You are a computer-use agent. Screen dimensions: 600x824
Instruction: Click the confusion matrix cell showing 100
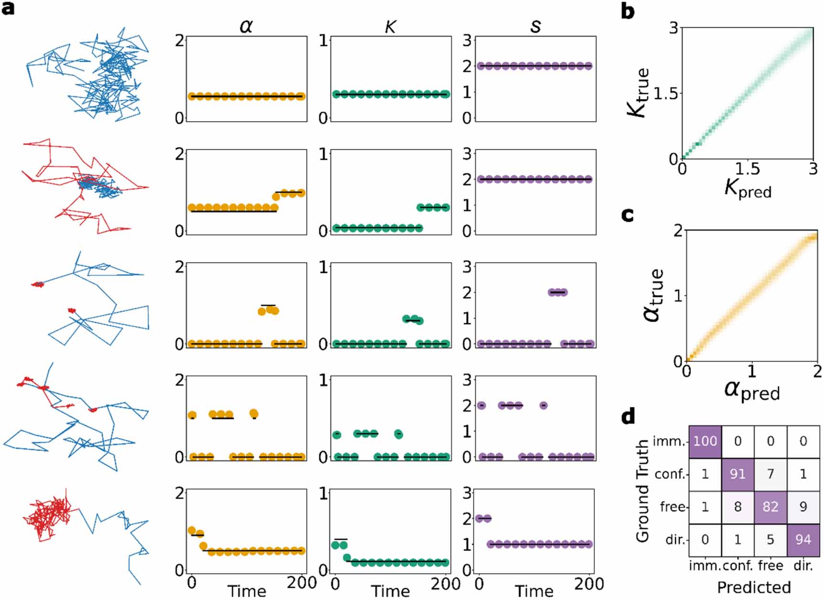tap(705, 441)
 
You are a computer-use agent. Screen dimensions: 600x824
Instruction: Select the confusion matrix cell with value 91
tap(738, 474)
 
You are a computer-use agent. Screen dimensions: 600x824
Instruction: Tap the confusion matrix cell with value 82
tap(770, 506)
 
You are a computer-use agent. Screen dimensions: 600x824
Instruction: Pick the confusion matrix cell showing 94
tap(803, 539)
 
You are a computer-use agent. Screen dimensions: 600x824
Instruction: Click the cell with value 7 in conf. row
tap(770, 474)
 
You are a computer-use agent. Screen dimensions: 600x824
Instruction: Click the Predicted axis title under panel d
tap(754, 587)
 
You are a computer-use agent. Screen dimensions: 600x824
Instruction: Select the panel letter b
tap(628, 12)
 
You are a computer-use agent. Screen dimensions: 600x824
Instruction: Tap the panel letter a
tap(8, 8)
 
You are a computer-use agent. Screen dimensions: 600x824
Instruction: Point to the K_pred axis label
tap(748, 188)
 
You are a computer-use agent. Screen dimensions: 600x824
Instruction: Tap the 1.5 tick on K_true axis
tap(665, 93)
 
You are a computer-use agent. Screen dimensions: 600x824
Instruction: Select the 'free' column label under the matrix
tap(770, 566)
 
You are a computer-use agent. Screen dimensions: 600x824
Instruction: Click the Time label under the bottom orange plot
tap(246, 591)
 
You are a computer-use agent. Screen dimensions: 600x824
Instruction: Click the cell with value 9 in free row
tap(803, 506)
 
